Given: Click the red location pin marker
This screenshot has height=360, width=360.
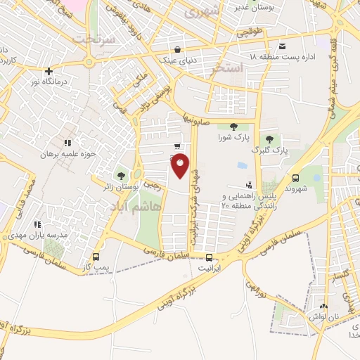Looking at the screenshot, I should [181, 166].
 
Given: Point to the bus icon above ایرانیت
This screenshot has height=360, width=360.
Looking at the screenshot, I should [209, 257].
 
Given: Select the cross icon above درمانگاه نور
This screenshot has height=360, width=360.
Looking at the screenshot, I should [48, 71].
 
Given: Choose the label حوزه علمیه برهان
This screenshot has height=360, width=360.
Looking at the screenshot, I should [67, 153].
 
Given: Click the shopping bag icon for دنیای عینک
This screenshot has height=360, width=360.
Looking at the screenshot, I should [176, 50].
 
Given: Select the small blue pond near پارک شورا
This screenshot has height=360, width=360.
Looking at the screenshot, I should [242, 166].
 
